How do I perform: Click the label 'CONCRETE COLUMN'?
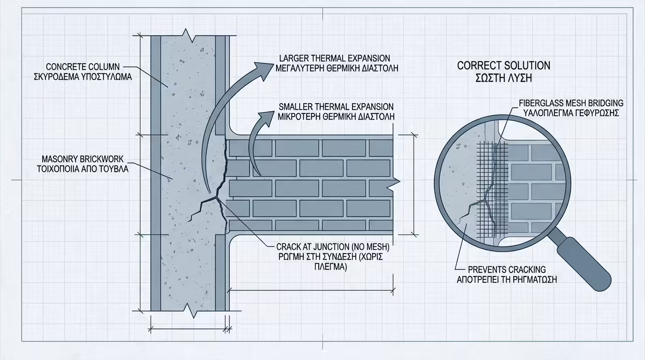pyautogui.click(x=83, y=67)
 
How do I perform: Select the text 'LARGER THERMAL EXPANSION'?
pyautogui.click(x=335, y=59)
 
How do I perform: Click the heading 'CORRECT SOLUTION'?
pyautogui.click(x=503, y=66)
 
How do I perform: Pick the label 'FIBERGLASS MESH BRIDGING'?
pyautogui.click(x=571, y=103)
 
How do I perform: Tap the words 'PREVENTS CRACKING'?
pyautogui.click(x=507, y=270)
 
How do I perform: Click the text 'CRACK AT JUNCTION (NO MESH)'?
pyautogui.click(x=333, y=247)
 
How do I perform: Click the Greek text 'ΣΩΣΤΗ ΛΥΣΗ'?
pyautogui.click(x=503, y=78)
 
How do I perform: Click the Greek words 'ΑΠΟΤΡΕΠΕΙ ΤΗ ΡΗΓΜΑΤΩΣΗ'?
pyautogui.click(x=507, y=280)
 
